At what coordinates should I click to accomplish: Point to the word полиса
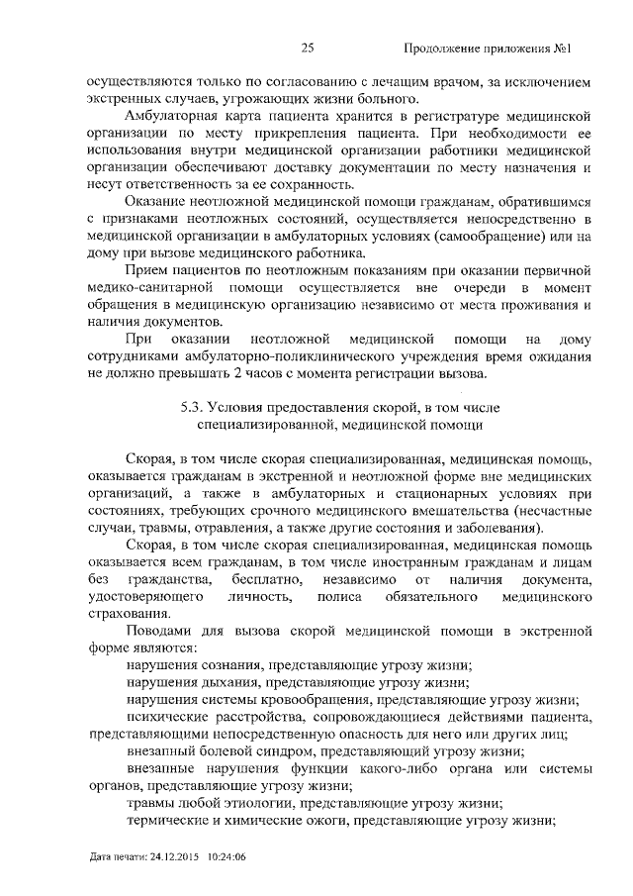coord(336,597)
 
